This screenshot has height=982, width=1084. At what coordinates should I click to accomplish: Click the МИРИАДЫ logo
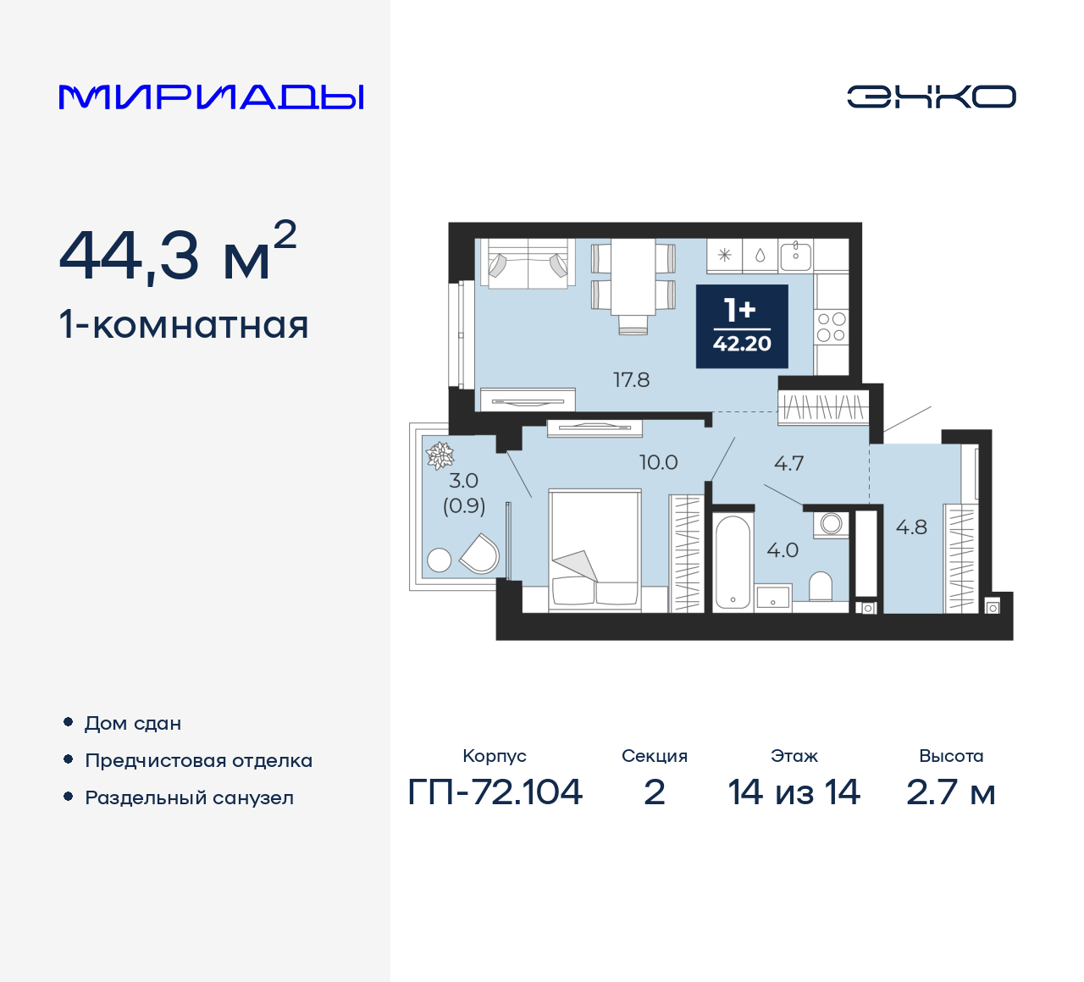point(211,97)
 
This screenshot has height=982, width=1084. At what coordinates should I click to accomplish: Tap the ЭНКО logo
point(931,97)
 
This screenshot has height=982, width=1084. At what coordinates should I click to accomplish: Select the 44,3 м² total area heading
point(178,253)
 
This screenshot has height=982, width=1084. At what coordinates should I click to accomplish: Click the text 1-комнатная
point(184,325)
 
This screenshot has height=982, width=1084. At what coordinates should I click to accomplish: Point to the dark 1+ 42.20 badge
point(742,326)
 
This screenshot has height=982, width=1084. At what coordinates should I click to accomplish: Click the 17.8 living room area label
point(631,380)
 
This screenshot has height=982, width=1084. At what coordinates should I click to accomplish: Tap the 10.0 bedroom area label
point(658,462)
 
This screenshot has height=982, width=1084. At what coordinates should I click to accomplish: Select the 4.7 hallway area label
point(788,463)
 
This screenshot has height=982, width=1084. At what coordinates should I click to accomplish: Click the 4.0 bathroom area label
point(782,550)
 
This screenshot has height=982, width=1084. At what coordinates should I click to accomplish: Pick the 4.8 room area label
point(911,527)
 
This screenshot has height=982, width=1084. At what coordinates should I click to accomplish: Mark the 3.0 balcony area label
point(463,481)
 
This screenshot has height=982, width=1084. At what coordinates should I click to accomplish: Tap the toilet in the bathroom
point(821,586)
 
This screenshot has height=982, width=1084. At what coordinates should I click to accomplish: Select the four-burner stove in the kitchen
point(831,328)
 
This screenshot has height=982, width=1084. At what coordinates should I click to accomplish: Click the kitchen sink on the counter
point(795,254)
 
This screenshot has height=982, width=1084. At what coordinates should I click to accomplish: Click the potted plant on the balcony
point(440,456)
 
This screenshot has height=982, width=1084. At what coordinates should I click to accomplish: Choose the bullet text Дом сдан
point(133,724)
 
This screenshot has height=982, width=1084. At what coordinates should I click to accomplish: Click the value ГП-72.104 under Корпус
point(495,792)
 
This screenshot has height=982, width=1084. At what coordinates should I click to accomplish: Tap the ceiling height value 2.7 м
point(950,792)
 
